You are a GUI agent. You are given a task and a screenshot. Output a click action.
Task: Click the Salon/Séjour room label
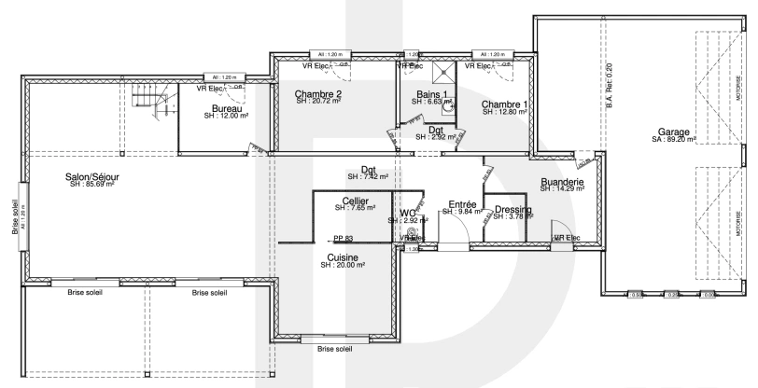[91, 176]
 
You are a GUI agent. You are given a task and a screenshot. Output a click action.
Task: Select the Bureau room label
[227, 109]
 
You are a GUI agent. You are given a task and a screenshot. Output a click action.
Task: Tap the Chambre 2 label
[317, 94]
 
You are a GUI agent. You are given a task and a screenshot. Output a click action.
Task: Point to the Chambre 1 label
[505, 104]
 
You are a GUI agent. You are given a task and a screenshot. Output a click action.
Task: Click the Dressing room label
[512, 210]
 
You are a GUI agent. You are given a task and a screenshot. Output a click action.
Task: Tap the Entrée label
[463, 204]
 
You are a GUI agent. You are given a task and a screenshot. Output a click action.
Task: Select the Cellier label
[355, 201]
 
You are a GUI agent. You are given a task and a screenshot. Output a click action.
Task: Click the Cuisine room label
[343, 257]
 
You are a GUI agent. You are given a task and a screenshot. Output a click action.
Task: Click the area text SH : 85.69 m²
[91, 185]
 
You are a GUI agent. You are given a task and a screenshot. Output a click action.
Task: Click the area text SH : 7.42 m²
[367, 176]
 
